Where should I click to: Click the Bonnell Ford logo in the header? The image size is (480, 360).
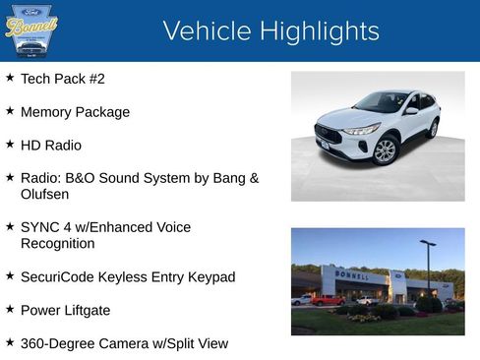pos(30,30)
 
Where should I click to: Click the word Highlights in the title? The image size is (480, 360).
pos(314,31)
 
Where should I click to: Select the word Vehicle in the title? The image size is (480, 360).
pos(202,31)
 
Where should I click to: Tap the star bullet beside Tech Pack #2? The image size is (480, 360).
pos(10,77)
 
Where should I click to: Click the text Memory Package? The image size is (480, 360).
pos(75,112)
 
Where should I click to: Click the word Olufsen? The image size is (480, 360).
pos(45,195)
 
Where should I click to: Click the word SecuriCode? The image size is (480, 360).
pos(58,277)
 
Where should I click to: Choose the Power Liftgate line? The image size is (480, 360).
pos(65,311)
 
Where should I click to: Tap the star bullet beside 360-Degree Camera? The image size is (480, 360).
pos(10,342)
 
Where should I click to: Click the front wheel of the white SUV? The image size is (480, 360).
pos(385,150)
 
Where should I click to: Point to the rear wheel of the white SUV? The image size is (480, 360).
pos(433,128)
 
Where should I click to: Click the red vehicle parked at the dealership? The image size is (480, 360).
pos(328,300)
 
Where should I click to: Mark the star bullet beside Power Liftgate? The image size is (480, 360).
pos(10,309)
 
